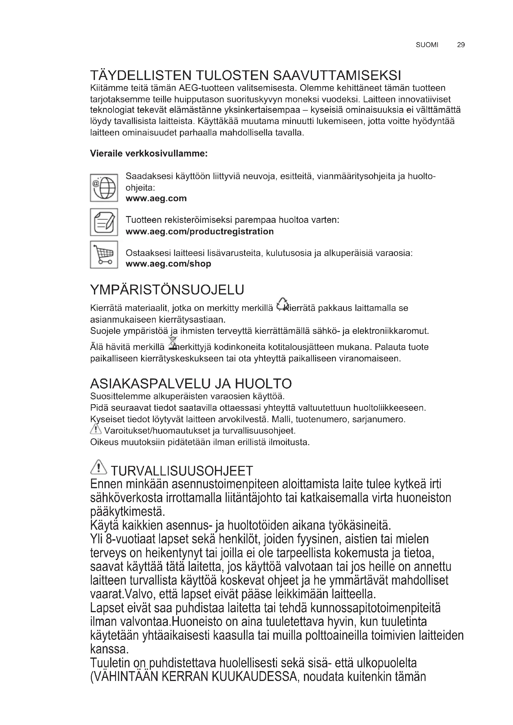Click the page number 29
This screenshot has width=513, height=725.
[x=461, y=45]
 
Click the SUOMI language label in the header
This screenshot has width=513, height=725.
[x=427, y=45]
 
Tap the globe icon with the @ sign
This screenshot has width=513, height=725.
[x=104, y=188]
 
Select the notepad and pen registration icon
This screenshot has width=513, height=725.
[x=104, y=222]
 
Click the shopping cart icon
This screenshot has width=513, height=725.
[x=104, y=254]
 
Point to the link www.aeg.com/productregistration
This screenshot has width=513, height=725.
[x=200, y=232]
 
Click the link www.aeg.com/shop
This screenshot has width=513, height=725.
[x=168, y=264]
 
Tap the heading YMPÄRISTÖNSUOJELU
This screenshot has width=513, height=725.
[x=167, y=290]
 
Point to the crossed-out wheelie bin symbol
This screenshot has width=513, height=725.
[x=172, y=343]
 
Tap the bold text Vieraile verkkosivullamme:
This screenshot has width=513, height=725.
[x=149, y=154]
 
